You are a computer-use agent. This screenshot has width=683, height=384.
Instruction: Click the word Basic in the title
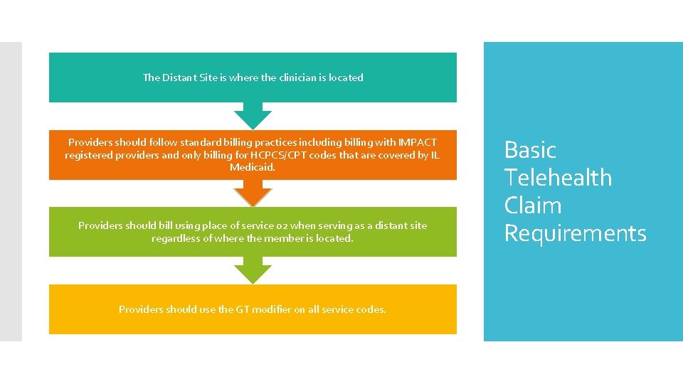(x=530, y=150)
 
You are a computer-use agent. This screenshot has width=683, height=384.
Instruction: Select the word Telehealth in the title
(x=558, y=178)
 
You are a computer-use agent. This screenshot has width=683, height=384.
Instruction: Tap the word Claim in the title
(x=533, y=206)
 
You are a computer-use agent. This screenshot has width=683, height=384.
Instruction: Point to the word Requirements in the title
(x=575, y=233)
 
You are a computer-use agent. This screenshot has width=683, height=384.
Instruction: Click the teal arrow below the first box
(x=253, y=115)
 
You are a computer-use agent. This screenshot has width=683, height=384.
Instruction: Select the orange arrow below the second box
(x=253, y=193)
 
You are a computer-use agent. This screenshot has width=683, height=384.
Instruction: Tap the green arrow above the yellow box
(x=253, y=270)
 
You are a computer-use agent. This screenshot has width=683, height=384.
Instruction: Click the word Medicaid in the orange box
(x=252, y=168)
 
